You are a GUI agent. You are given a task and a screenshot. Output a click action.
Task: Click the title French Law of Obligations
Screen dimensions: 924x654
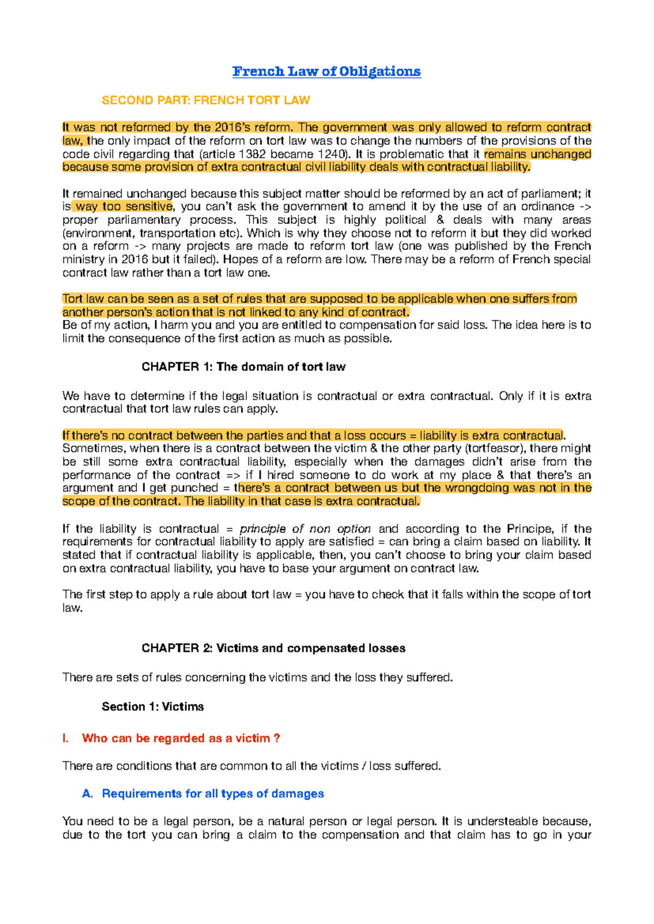326,71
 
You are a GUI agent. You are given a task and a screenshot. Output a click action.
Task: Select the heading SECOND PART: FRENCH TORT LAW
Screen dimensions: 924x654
205,100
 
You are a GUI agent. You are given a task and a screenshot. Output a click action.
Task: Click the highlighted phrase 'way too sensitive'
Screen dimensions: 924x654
124,206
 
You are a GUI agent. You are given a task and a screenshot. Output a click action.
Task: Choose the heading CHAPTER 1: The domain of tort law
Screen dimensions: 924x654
243,367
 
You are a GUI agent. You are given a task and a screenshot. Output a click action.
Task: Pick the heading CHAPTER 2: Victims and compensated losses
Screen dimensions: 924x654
273,648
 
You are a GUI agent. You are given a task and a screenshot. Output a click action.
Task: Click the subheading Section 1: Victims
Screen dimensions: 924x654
153,706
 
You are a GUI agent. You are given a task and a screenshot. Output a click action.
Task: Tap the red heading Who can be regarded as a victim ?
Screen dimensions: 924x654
181,738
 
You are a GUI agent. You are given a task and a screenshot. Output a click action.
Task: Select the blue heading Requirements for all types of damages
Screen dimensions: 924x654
213,793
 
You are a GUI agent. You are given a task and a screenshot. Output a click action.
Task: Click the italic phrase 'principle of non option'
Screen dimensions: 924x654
305,528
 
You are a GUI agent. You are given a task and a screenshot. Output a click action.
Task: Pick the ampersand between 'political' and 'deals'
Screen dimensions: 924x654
440,220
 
